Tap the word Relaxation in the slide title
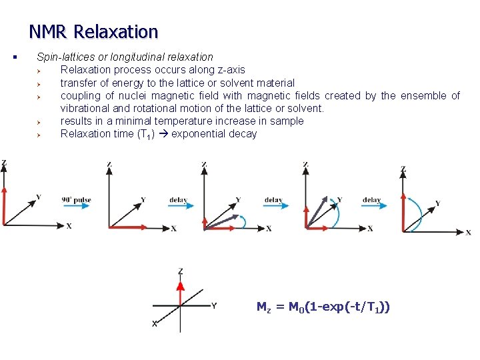click(x=116, y=31)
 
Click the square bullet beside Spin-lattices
click(x=14, y=57)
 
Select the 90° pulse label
click(x=76, y=199)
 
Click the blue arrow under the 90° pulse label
click(x=76, y=207)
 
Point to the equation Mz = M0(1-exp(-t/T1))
click(x=323, y=307)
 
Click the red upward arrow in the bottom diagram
click(x=179, y=293)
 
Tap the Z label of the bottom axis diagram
click(x=180, y=271)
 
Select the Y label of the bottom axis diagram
click(x=213, y=306)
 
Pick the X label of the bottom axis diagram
click(x=155, y=324)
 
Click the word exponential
click(x=197, y=134)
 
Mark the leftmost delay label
click(x=178, y=199)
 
